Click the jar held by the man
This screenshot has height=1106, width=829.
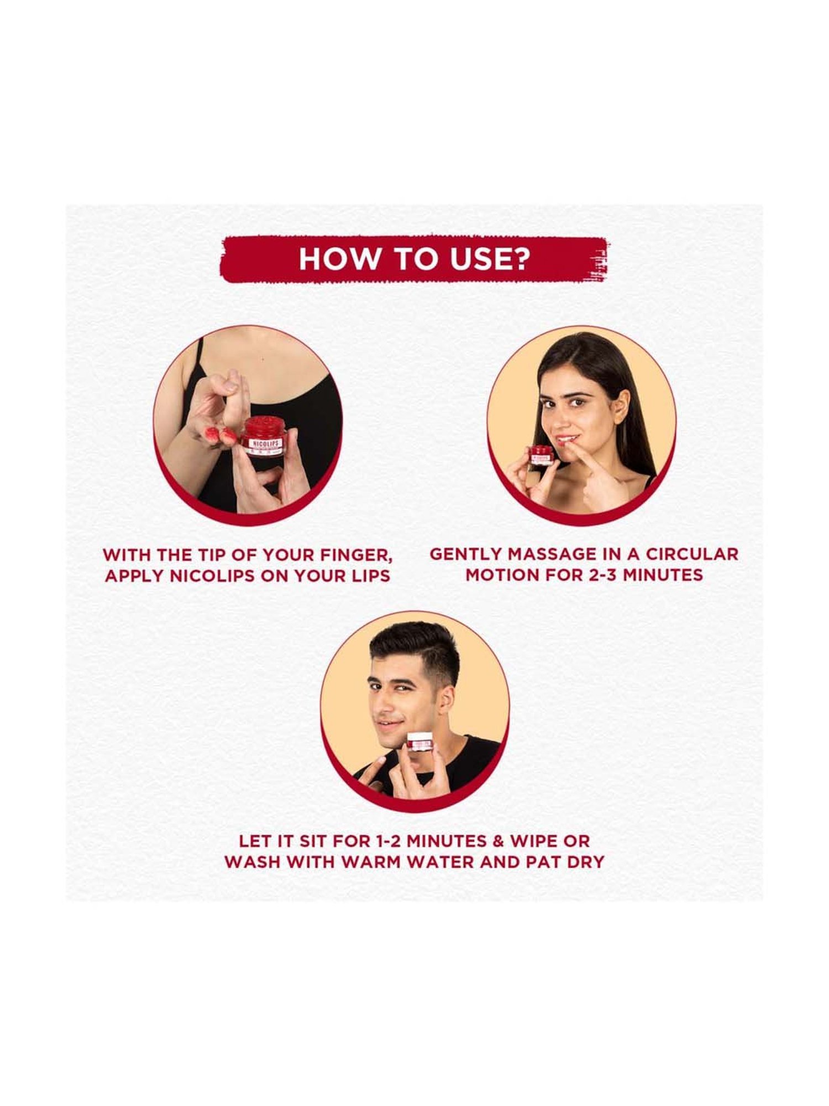click(420, 741)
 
